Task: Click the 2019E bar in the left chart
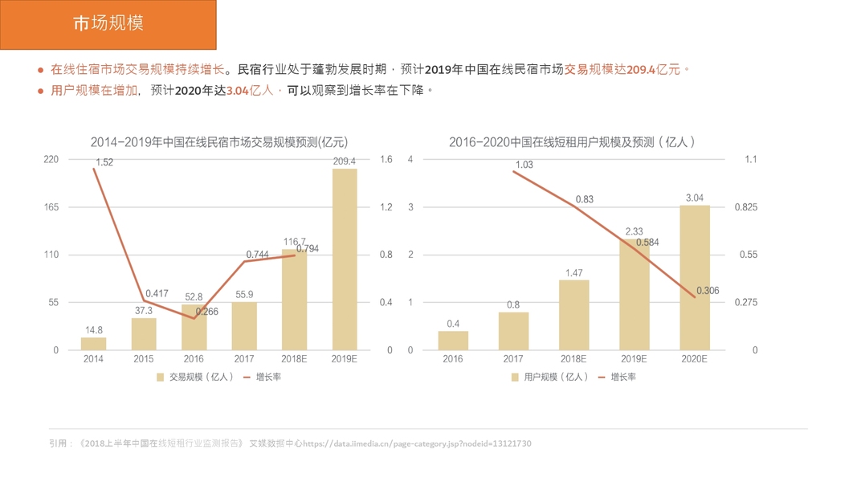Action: (x=345, y=259)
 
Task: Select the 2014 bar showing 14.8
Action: (x=93, y=343)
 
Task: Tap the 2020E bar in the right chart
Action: (x=695, y=277)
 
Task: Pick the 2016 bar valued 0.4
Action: (x=453, y=340)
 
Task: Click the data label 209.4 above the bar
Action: (x=345, y=161)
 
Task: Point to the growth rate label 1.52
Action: (x=104, y=162)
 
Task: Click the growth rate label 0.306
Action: (x=708, y=291)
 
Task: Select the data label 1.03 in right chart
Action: (x=524, y=165)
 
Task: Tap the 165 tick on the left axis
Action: (x=51, y=207)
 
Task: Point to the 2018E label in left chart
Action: (x=294, y=359)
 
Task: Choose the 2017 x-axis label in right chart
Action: (x=513, y=359)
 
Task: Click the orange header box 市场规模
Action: (x=108, y=24)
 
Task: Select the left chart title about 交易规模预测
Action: (x=218, y=142)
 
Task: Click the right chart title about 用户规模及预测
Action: (x=572, y=142)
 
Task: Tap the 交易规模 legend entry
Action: (x=196, y=377)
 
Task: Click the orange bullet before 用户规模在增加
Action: (x=40, y=91)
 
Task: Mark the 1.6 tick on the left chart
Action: (x=386, y=160)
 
